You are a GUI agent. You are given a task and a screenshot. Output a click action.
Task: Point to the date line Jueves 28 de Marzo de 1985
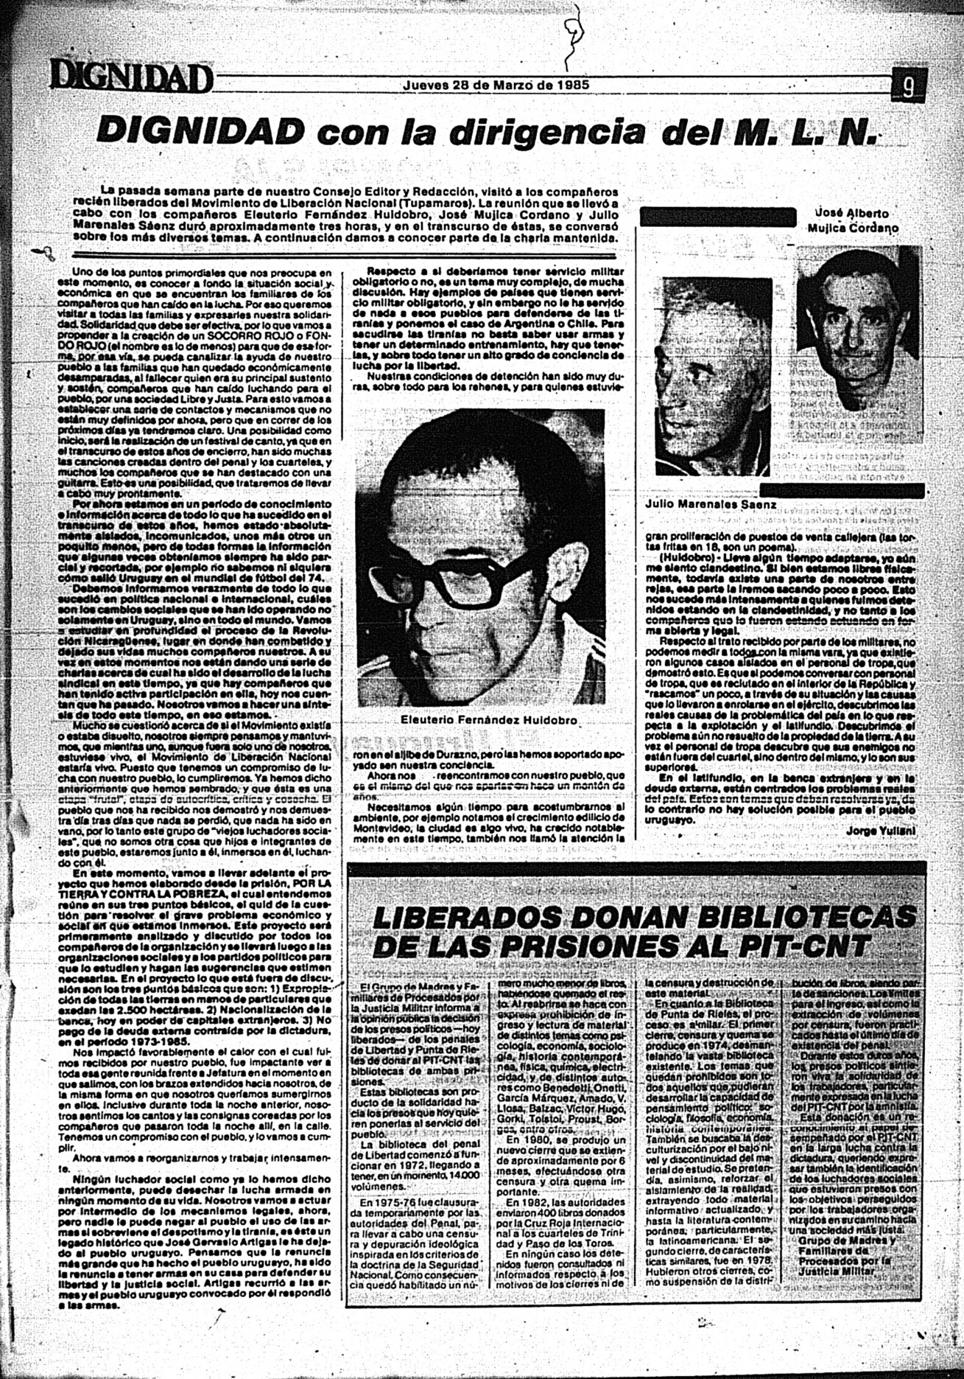(496, 84)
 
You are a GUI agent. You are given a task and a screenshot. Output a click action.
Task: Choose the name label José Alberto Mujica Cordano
(852, 220)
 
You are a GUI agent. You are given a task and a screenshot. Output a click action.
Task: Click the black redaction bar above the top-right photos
(718, 217)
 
